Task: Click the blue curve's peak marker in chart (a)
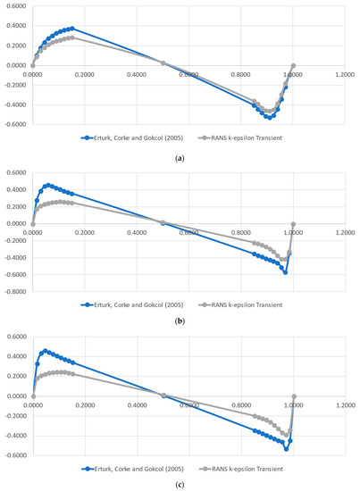72,29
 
